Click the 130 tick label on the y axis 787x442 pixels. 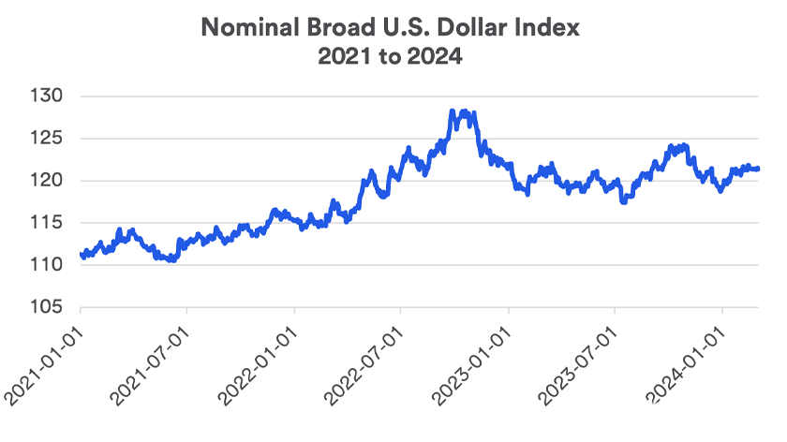click(48, 96)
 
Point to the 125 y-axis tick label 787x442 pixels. click(48, 139)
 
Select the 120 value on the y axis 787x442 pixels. click(48, 181)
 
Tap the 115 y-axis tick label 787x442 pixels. click(48, 223)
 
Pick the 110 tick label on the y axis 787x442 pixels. click(48, 265)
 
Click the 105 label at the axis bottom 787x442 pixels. click(48, 307)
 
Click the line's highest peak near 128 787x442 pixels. click(453, 111)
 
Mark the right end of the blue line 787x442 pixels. click(757, 169)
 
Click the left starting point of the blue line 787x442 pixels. click(82, 255)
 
